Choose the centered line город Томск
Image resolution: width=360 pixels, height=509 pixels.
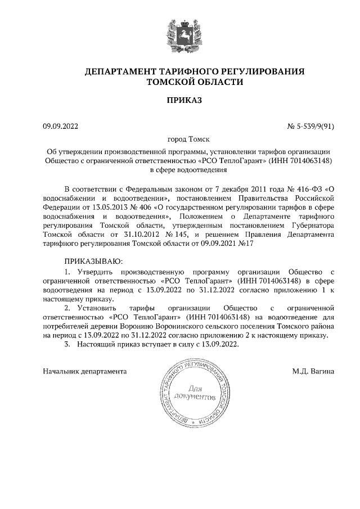180,139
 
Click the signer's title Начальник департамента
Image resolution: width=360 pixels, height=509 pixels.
84,371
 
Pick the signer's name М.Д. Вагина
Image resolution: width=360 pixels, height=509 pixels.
313,371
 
